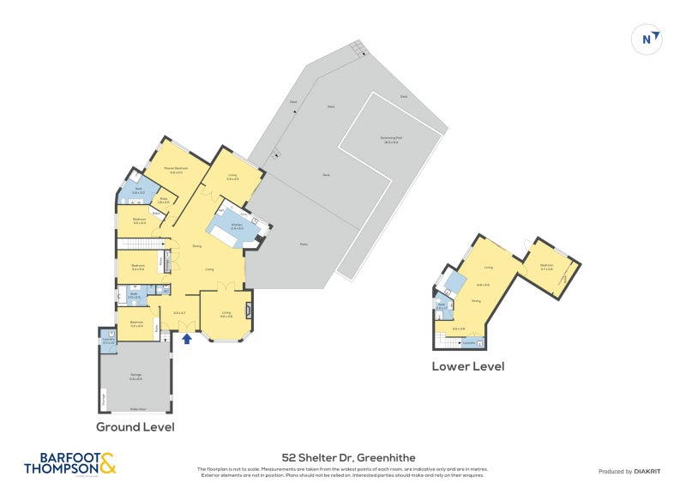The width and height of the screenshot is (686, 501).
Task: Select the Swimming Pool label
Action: click(x=395, y=140)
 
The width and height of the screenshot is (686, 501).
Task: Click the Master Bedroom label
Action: click(x=178, y=170)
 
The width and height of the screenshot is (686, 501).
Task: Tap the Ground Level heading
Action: click(x=135, y=426)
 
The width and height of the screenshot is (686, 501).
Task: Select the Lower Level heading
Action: click(x=467, y=366)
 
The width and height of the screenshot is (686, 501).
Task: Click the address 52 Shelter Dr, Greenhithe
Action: click(x=342, y=458)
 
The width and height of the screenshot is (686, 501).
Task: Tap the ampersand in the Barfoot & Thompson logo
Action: click(x=106, y=463)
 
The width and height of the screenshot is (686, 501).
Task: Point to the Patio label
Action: click(x=304, y=242)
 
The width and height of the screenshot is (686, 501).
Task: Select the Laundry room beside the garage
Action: click(x=108, y=340)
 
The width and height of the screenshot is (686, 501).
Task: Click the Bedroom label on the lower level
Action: click(x=546, y=266)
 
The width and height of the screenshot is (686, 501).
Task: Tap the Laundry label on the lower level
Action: click(x=468, y=343)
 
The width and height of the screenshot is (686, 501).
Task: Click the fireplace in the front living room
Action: click(x=249, y=310)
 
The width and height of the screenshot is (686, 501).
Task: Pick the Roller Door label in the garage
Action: click(x=135, y=410)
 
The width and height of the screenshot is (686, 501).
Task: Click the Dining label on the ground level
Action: click(x=197, y=246)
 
